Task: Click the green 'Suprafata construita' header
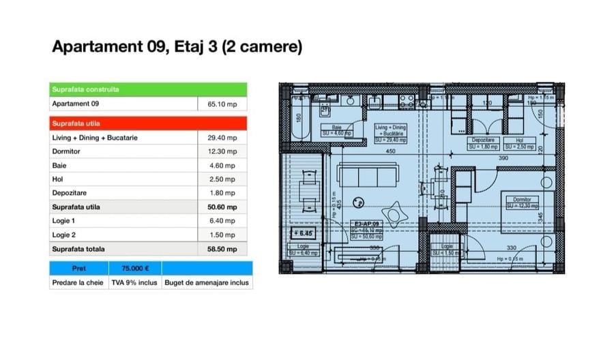point(86,89)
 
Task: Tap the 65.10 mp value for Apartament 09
point(222,104)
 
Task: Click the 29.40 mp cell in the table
point(222,138)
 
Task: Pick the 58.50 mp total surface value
point(222,250)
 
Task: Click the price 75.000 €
point(135,268)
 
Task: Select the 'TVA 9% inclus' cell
point(134,282)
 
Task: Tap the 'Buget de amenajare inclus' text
point(207,282)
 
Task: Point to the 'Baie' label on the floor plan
point(336,127)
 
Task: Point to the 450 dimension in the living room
point(390,151)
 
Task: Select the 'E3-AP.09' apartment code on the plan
point(368,223)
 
